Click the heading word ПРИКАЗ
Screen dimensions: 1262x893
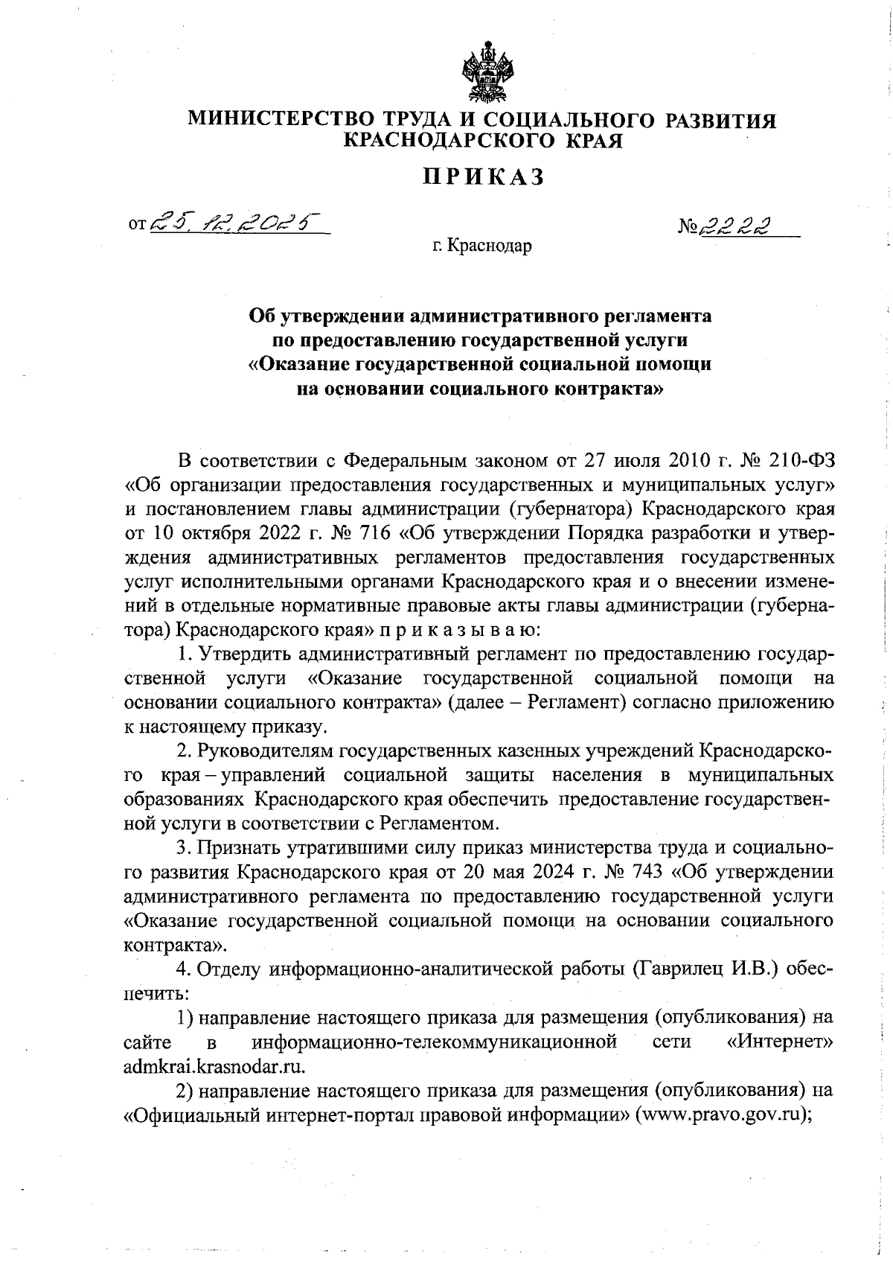484,176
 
